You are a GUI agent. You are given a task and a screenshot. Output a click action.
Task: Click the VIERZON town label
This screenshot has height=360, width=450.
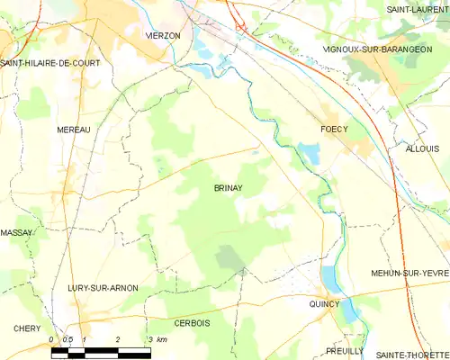[163, 35]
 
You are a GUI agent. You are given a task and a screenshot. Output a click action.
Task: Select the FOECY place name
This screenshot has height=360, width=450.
[334, 130]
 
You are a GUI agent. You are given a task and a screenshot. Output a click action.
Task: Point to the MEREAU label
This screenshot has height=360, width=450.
[74, 130]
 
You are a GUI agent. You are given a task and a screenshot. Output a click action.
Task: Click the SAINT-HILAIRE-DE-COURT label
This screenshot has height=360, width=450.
[49, 63]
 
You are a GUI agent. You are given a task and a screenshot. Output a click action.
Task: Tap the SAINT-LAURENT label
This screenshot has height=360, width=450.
[418, 9]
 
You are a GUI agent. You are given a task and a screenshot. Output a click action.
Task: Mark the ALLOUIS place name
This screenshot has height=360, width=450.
[422, 148]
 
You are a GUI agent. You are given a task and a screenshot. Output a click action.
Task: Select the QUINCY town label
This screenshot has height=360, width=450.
[325, 303]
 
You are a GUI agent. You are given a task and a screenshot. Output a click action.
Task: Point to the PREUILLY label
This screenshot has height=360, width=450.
[346, 351]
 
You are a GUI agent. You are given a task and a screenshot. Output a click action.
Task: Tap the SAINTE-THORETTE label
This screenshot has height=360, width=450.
[413, 354]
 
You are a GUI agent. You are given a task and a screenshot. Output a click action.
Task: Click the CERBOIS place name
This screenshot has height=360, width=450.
[192, 322]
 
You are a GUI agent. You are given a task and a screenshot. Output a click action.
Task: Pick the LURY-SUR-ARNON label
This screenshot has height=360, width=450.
[103, 288]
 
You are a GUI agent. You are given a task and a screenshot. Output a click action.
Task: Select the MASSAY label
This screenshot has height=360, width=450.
[16, 232]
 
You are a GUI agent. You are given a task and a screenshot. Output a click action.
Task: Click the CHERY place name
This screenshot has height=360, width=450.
[27, 328]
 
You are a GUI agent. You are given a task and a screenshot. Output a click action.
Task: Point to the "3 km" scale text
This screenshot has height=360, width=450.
[157, 339]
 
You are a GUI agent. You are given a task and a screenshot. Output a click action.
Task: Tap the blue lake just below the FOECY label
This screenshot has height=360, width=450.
[310, 155]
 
